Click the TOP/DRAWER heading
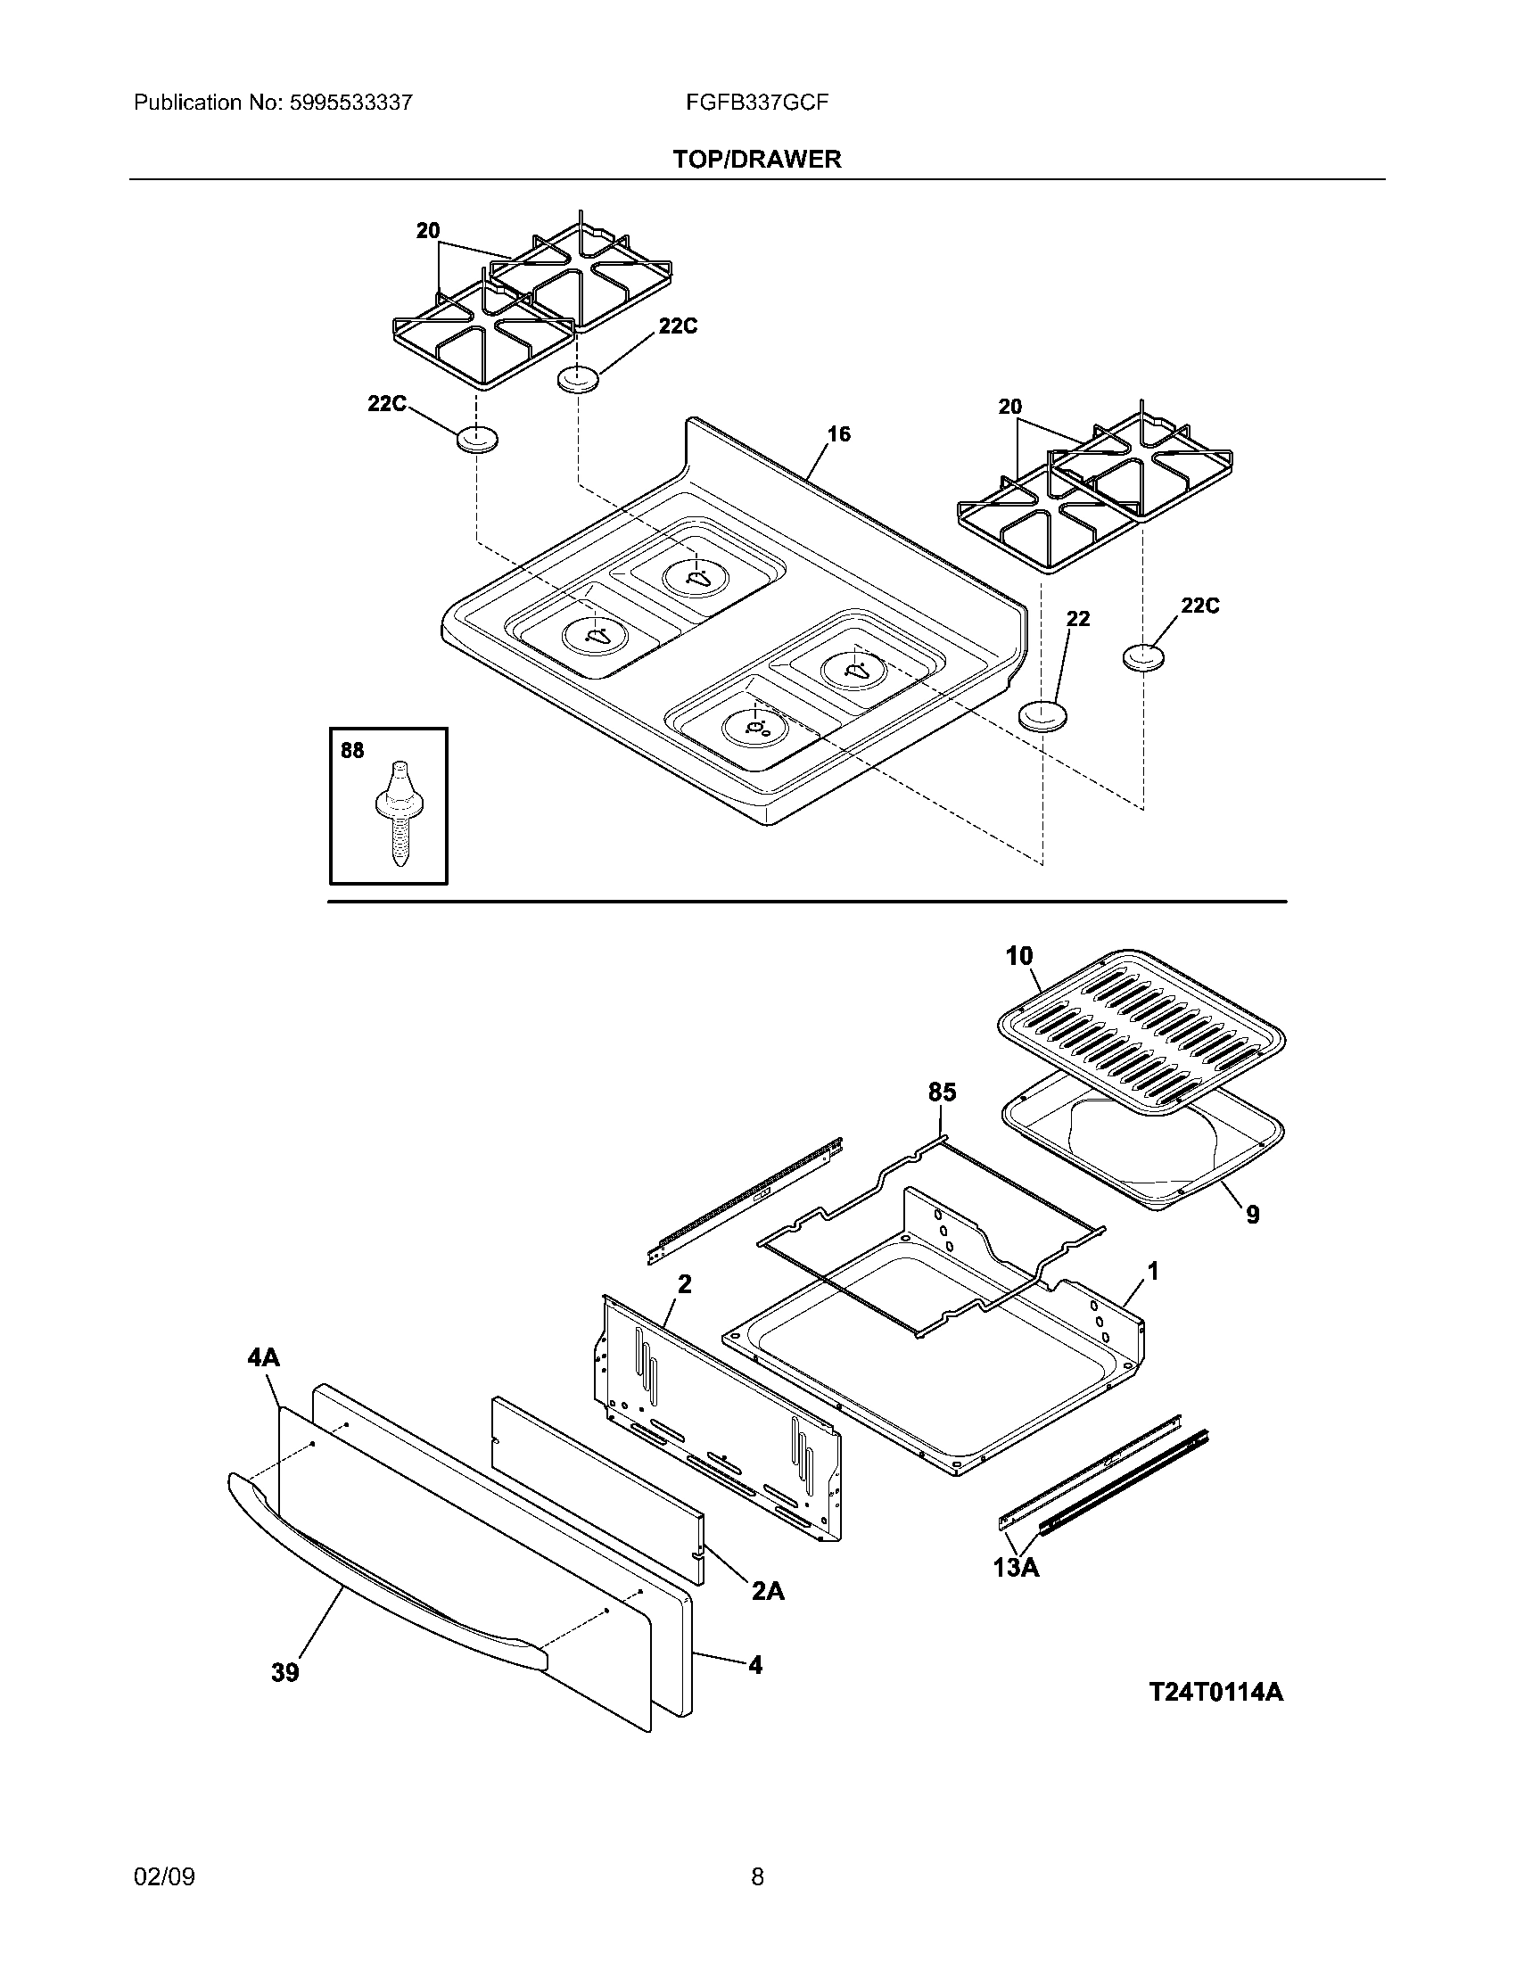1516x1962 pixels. coord(757,159)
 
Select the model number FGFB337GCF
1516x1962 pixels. coord(756,103)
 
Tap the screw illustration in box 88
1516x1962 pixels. coord(395,813)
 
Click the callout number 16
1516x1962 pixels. coord(838,435)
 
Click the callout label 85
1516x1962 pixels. coord(941,1092)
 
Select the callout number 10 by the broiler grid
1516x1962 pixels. coord(1019,956)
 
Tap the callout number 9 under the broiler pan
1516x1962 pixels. coord(1252,1215)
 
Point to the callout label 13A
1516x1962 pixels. coord(1016,1568)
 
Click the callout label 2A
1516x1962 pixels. coord(768,1591)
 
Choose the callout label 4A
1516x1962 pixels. coord(263,1357)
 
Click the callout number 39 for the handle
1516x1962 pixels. coord(284,1673)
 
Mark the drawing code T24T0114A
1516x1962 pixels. coord(1216,1693)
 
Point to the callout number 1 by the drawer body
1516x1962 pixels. coord(1152,1271)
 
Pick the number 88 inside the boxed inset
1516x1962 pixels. coord(352,751)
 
